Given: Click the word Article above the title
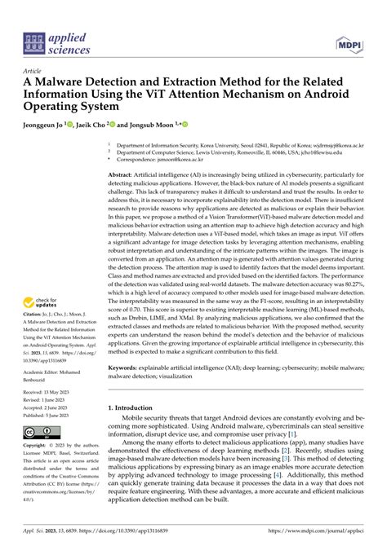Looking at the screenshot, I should coord(35,71).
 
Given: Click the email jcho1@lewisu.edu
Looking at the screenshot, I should coord(317,152).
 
